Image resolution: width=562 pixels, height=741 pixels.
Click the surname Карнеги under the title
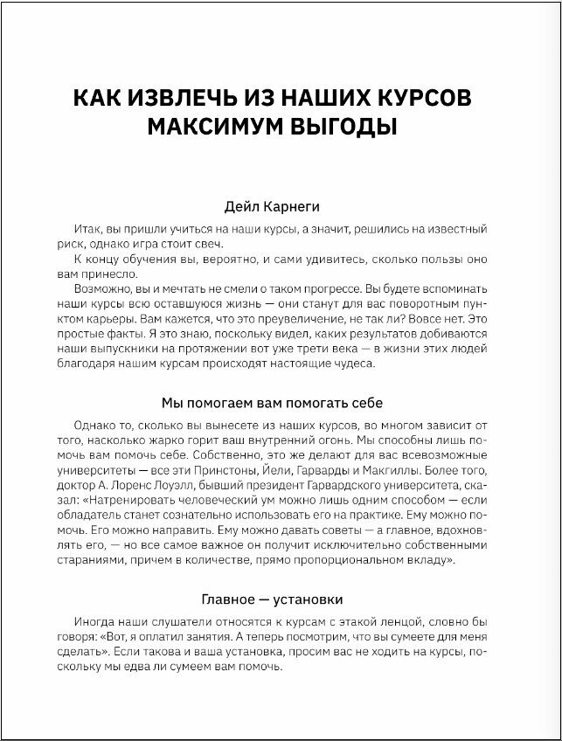(309, 207)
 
